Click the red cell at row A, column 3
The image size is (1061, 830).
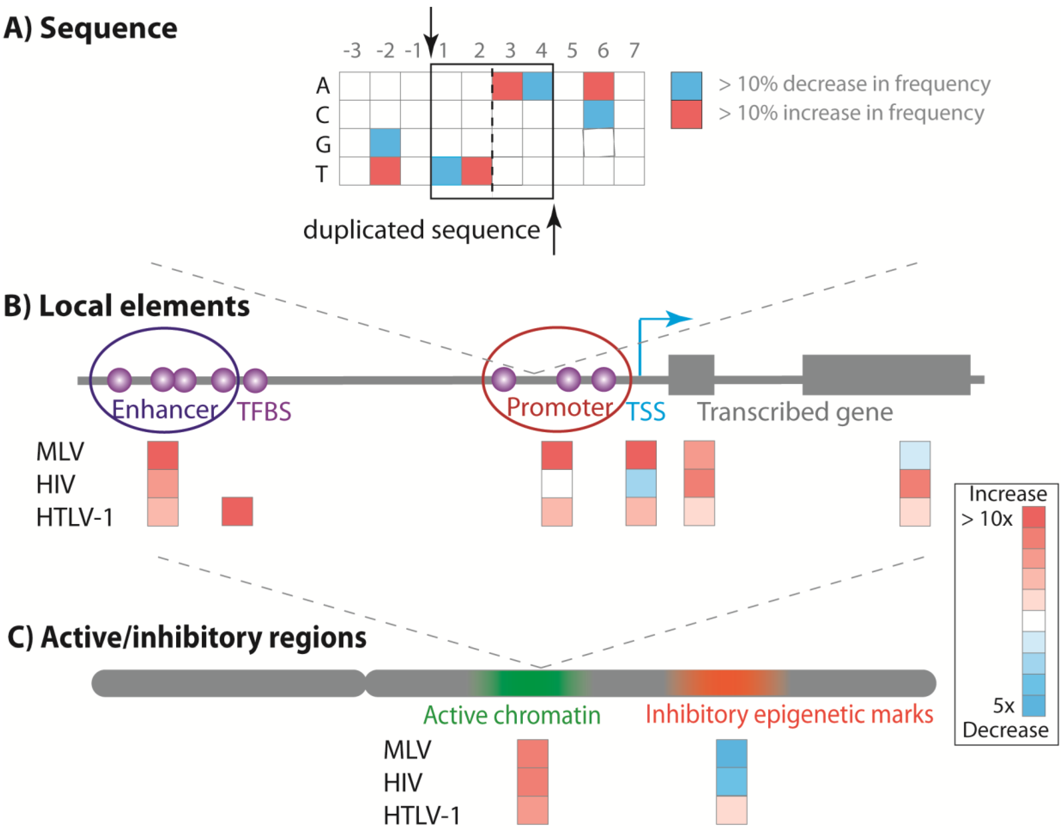click(507, 86)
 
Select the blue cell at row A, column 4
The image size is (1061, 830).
click(538, 86)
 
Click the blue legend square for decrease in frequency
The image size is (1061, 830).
click(686, 86)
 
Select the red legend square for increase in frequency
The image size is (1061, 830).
click(686, 114)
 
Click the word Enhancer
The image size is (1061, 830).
click(165, 410)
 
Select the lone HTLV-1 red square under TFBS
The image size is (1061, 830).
click(237, 511)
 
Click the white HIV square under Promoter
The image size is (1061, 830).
click(557, 484)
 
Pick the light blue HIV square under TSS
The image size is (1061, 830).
click(641, 484)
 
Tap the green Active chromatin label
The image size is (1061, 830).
click(512, 715)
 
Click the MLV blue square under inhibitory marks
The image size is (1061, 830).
click(731, 754)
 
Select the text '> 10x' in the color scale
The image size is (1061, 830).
click(987, 519)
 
